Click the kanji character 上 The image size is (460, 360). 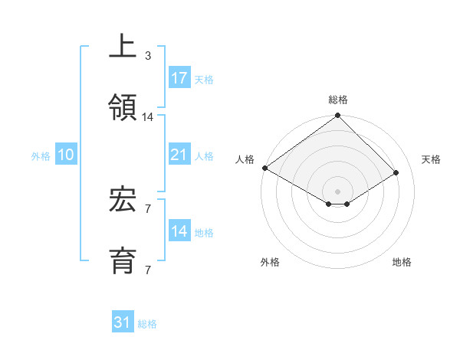point(123,47)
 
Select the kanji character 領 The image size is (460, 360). point(123,105)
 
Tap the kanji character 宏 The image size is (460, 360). point(123,201)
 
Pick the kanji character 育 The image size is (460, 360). point(123,258)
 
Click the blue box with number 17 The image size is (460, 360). point(179,78)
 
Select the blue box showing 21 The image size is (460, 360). point(179,155)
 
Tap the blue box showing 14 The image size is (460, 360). point(179,231)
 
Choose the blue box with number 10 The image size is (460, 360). point(66,155)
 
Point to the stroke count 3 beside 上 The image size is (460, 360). point(148,56)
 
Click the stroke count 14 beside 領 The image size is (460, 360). point(148,117)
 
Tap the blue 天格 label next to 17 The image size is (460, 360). point(204,80)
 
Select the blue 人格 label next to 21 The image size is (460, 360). point(204,156)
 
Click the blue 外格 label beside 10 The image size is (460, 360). point(41,156)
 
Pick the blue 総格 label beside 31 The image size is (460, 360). point(147,324)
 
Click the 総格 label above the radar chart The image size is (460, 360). point(337,100)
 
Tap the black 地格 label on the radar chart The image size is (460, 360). point(402,262)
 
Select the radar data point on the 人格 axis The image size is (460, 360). point(264,168)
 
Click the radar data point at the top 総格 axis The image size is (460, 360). point(337,116)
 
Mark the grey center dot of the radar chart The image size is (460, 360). point(337,191)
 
